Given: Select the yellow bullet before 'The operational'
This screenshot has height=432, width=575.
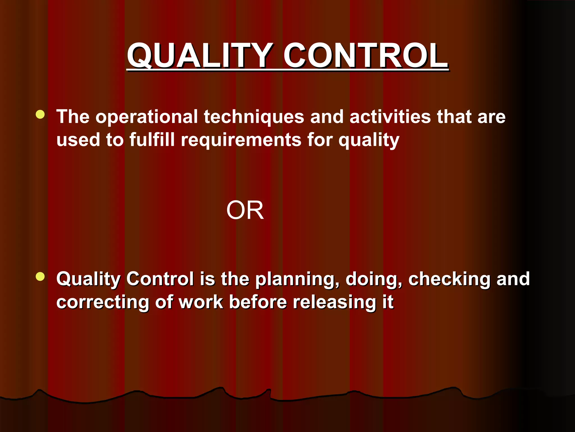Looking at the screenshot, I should click(x=40, y=114).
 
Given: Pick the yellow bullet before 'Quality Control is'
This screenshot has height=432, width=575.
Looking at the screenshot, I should click(x=40, y=276).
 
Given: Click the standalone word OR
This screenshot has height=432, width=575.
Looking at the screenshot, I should click(x=245, y=210).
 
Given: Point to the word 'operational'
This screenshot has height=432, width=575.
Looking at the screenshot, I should click(x=147, y=117).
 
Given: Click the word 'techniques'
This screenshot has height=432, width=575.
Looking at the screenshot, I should click(x=254, y=117).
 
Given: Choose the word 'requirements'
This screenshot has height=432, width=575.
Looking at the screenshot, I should click(x=241, y=140).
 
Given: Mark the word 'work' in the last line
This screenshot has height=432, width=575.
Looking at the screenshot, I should click(x=201, y=302).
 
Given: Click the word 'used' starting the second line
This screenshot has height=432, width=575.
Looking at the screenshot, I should click(x=78, y=140).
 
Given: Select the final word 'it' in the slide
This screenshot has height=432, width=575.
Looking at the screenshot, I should click(x=388, y=302).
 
